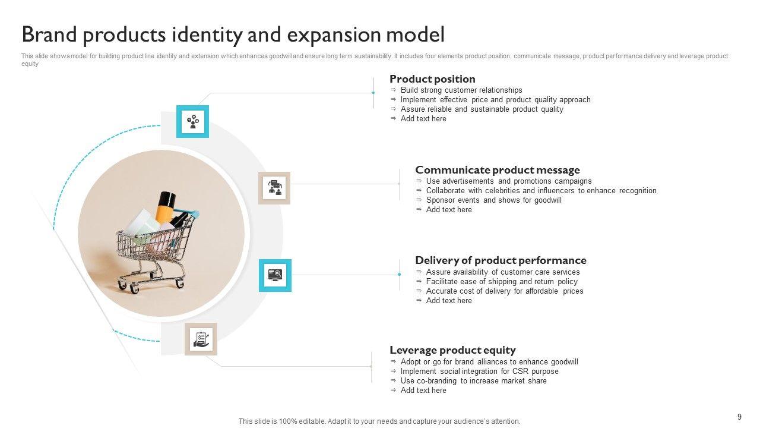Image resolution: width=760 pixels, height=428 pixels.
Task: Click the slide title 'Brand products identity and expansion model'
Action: (x=233, y=35)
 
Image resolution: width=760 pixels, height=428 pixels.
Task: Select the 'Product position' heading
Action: (x=432, y=79)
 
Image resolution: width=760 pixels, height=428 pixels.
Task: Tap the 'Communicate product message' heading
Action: (x=498, y=170)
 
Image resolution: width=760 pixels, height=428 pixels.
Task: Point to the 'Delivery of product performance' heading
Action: (x=501, y=260)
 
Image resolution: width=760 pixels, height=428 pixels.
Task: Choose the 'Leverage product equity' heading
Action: (x=452, y=350)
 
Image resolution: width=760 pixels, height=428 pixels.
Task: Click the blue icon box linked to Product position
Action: (x=192, y=122)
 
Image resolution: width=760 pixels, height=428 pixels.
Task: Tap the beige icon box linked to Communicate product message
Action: (x=274, y=188)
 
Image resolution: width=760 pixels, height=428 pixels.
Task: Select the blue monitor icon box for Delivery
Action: (x=275, y=275)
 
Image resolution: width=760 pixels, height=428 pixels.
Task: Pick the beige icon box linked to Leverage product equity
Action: (x=201, y=339)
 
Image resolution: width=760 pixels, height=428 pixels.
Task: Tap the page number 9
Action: (x=739, y=417)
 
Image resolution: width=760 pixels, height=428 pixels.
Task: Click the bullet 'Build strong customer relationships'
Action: (x=461, y=90)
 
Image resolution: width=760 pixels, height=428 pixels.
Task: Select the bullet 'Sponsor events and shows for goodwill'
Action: (x=493, y=200)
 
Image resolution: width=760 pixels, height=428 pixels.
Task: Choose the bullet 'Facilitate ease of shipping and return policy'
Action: (x=502, y=282)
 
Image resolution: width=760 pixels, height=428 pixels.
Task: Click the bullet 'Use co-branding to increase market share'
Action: (x=473, y=381)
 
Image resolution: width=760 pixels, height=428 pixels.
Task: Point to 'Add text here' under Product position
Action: (x=423, y=119)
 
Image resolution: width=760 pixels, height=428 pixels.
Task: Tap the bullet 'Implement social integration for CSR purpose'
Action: (x=479, y=372)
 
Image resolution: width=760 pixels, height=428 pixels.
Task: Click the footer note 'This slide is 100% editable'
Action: (x=379, y=421)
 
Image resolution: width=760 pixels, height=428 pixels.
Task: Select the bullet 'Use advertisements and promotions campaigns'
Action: (x=509, y=181)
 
